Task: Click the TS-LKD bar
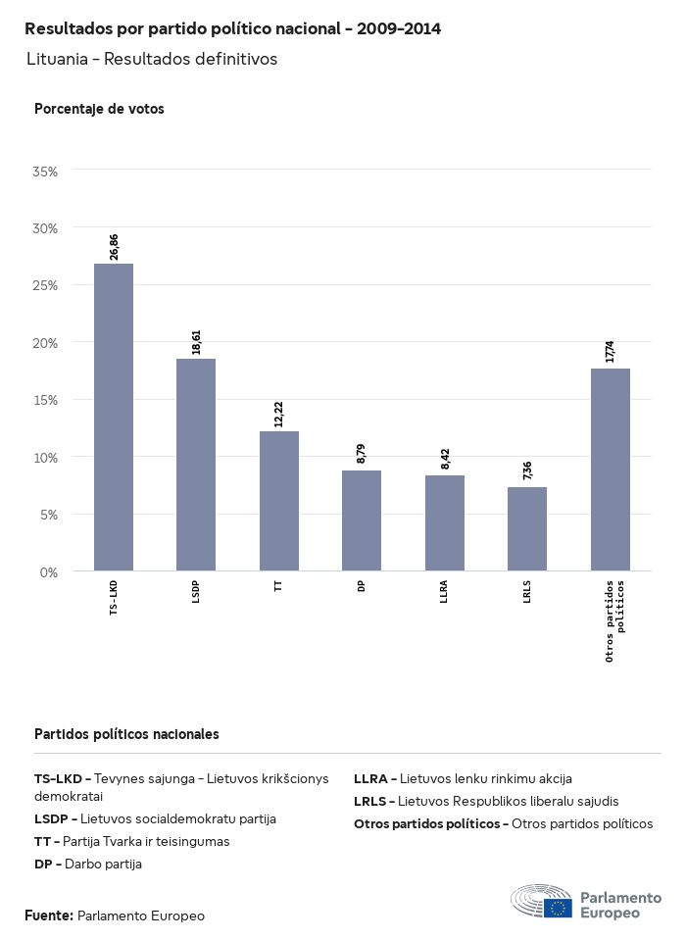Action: [x=114, y=417]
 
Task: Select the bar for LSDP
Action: [x=196, y=465]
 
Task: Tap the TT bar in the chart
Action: [x=279, y=501]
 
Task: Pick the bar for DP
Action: [x=362, y=520]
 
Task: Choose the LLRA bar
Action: [x=445, y=522]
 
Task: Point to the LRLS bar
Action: [x=527, y=528]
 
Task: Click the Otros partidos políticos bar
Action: [x=611, y=470]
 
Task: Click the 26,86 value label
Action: [x=115, y=247]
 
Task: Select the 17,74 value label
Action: [x=611, y=352]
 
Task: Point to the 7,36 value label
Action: [x=528, y=470]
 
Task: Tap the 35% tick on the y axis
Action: [x=46, y=172]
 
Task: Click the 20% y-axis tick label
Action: [x=46, y=343]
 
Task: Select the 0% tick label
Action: [x=49, y=572]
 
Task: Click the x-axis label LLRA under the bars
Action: [x=445, y=597]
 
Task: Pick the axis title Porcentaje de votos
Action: [x=99, y=109]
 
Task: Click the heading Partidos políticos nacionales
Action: [x=126, y=734]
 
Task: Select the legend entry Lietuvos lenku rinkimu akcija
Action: [x=463, y=778]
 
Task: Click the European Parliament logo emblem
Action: [x=541, y=901]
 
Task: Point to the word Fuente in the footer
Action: [x=48, y=915]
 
